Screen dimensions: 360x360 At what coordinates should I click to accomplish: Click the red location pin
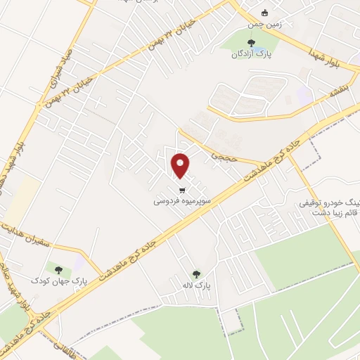(181, 165)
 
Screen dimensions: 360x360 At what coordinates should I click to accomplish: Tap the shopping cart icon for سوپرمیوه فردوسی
(182, 190)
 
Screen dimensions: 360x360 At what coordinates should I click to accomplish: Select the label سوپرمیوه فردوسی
(182, 200)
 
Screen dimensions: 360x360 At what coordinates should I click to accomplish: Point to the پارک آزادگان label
(252, 53)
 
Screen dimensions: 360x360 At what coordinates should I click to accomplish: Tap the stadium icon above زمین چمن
(264, 13)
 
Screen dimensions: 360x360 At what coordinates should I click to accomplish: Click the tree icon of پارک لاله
(196, 274)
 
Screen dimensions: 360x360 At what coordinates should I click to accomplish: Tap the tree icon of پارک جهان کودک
(58, 269)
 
